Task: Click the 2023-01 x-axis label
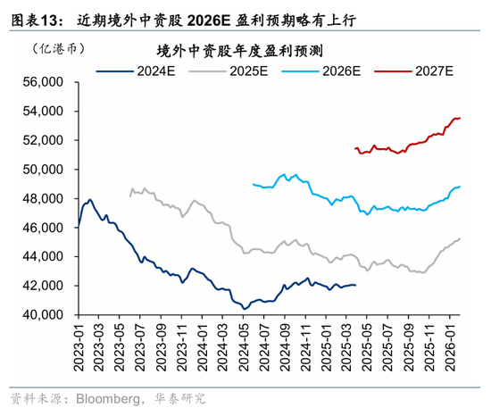click(79, 345)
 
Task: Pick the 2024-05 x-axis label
click(242, 345)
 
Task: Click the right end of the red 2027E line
click(460, 118)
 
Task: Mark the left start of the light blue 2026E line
click(254, 185)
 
